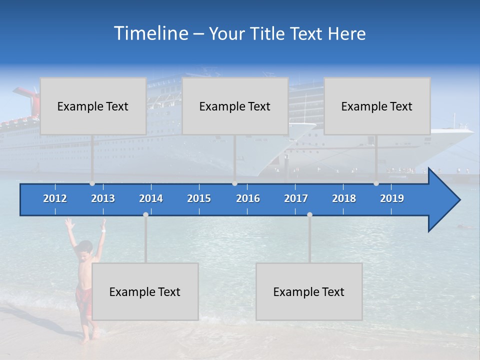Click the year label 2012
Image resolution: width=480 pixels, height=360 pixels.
(55, 198)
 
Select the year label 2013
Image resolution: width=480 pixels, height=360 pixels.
(103, 198)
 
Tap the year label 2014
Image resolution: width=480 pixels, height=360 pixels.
(151, 198)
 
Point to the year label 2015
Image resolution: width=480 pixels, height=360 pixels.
(199, 198)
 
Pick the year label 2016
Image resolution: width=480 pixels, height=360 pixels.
(248, 198)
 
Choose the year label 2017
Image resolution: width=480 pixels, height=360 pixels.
(296, 198)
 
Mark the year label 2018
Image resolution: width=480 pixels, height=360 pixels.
(344, 198)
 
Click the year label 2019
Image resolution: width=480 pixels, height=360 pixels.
(392, 198)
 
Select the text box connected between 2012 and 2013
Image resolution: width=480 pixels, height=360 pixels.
(93, 106)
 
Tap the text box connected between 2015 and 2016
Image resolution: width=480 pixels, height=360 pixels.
(235, 106)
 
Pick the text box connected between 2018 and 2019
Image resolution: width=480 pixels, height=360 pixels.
(377, 106)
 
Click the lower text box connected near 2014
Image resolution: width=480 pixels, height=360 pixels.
(145, 291)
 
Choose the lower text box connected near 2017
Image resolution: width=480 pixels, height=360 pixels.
(309, 291)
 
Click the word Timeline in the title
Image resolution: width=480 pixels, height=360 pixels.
(150, 33)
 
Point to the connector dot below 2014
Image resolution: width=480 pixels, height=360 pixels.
(145, 214)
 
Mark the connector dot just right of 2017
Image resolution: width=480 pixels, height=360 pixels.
(309, 214)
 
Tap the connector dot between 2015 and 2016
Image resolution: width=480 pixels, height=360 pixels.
(234, 183)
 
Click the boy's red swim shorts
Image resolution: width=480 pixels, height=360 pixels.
(83, 300)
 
